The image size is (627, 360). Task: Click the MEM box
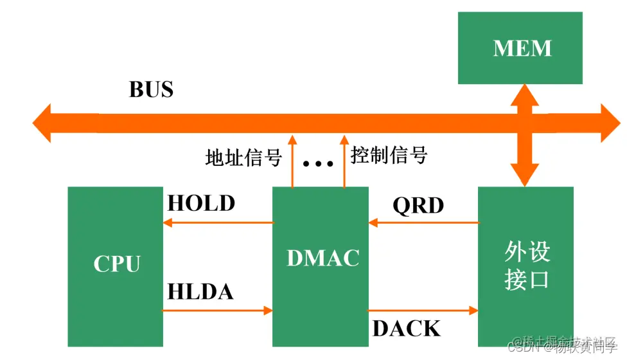(x=520, y=48)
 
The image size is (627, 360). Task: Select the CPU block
(x=116, y=265)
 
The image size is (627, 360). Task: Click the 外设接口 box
(x=525, y=265)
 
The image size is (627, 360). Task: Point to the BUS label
(x=151, y=89)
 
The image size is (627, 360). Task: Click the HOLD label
(x=201, y=204)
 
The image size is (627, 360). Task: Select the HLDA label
(x=200, y=292)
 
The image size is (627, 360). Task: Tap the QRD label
(x=418, y=206)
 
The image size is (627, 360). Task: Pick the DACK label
(x=407, y=329)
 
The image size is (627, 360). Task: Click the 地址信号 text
(x=243, y=157)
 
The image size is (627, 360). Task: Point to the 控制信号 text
(x=389, y=155)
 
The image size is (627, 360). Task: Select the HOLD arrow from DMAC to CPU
(x=218, y=223)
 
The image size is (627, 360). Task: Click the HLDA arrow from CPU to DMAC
(x=218, y=310)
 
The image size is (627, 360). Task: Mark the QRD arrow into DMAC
(x=423, y=223)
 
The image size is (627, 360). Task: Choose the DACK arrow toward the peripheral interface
(x=423, y=310)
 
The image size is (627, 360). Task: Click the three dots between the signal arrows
(x=318, y=164)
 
